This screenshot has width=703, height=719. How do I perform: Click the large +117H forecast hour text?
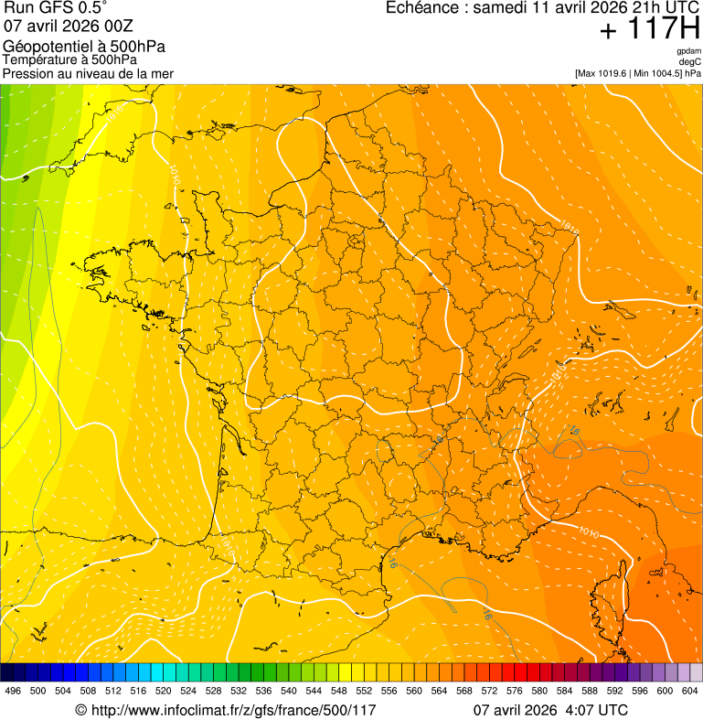[649, 29]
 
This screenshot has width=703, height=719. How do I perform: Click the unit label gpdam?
[688, 51]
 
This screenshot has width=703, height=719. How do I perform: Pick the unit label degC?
[691, 61]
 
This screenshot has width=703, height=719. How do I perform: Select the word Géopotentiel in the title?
[46, 47]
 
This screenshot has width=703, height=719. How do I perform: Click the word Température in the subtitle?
[37, 60]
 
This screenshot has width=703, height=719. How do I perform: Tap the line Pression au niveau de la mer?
[88, 73]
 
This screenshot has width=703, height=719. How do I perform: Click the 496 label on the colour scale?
[13, 691]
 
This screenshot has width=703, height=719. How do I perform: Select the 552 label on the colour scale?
[363, 691]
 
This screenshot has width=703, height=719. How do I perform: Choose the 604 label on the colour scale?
[689, 691]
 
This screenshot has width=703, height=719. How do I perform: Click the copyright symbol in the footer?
[80, 710]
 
